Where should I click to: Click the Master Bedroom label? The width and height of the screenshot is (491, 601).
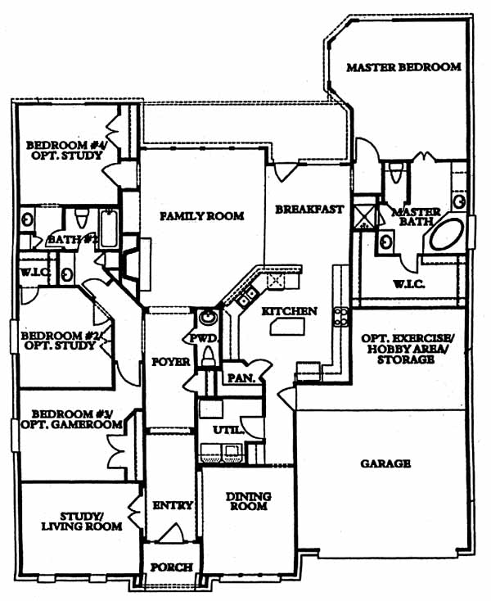(403, 67)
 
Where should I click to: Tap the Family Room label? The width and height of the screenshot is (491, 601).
(201, 216)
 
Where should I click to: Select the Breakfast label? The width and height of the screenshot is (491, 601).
(309, 209)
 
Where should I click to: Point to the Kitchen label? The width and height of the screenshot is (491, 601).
(289, 312)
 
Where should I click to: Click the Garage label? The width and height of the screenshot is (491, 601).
(385, 463)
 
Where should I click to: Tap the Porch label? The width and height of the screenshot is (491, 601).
(172, 567)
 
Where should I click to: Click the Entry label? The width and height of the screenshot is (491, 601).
(172, 506)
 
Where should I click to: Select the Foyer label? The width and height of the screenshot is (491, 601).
(170, 361)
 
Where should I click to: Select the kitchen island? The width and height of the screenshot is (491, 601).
(282, 328)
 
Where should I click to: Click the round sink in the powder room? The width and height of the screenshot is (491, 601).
(208, 318)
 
